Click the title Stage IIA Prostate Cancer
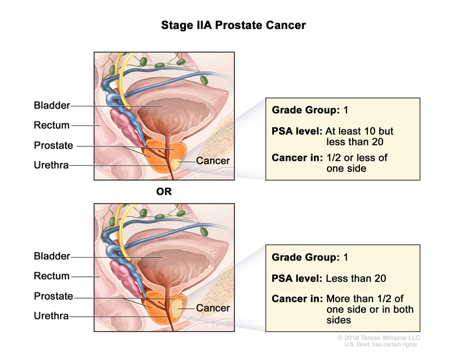pyautogui.click(x=225, y=25)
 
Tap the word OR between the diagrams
pyautogui.click(x=164, y=191)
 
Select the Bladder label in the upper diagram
pyautogui.click(x=52, y=105)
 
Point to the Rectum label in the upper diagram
pyautogui.click(x=51, y=125)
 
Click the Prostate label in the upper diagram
pyautogui.click(x=53, y=145)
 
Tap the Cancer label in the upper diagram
pyautogui.click(x=213, y=161)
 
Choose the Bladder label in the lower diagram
pyautogui.click(x=52, y=256)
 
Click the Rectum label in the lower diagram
pyautogui.click(x=51, y=276)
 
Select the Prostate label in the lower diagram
pyautogui.click(x=53, y=296)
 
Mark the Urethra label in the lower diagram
pyautogui.click(x=51, y=316)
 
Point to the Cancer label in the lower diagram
pyautogui.click(x=213, y=308)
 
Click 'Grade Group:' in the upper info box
pyautogui.click(x=305, y=110)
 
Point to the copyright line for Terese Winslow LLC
pyautogui.click(x=379, y=337)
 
